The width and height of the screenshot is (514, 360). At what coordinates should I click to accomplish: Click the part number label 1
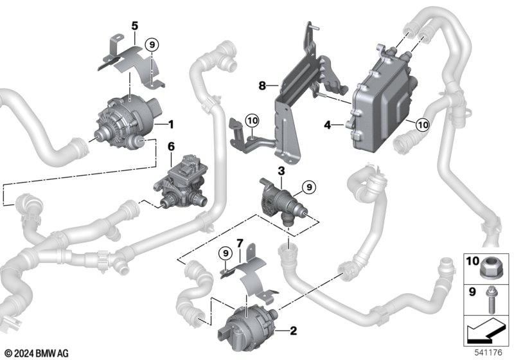[172, 122]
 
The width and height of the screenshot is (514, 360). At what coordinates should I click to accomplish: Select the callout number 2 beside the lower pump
[293, 332]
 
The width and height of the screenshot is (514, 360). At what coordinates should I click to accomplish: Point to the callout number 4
[328, 126]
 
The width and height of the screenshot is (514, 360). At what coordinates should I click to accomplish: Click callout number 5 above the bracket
[134, 26]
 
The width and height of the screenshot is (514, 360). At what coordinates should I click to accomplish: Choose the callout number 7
[240, 244]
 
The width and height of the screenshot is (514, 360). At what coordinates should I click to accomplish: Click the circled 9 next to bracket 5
[152, 44]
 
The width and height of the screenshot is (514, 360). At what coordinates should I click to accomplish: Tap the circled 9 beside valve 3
[308, 186]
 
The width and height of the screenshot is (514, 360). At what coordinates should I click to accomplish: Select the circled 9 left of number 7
[225, 252]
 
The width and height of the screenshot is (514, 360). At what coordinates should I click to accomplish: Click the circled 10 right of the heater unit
[421, 124]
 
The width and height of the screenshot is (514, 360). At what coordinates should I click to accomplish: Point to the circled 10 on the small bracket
[251, 120]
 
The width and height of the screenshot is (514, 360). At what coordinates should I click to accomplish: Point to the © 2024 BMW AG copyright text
[36, 352]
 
